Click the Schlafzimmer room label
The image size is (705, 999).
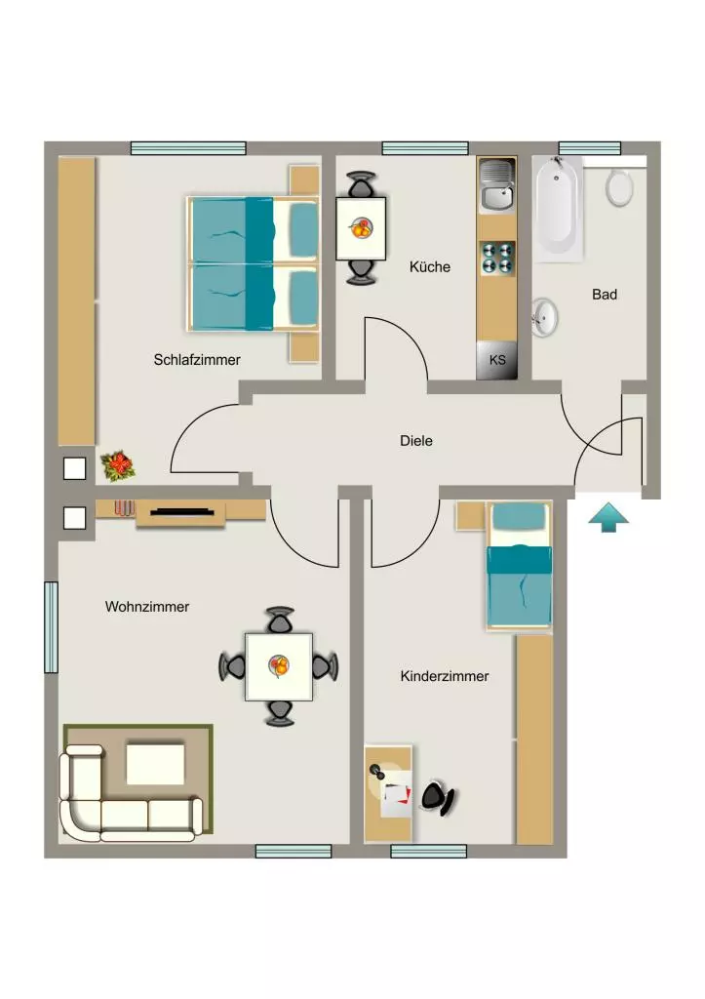tap(197, 360)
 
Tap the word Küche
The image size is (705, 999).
tap(430, 267)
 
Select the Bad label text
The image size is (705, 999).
tap(605, 295)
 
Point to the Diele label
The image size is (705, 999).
tap(415, 441)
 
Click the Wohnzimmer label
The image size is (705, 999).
tap(147, 607)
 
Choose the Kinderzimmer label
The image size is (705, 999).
tap(445, 676)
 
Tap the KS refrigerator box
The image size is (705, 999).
tap(496, 361)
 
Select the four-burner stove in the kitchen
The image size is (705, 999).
tap(497, 258)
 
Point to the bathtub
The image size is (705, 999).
tap(558, 209)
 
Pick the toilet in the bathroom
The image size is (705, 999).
tap(619, 186)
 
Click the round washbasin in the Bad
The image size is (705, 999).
tap(544, 317)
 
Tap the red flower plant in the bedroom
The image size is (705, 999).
tap(118, 465)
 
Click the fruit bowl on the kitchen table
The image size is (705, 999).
tap(361, 228)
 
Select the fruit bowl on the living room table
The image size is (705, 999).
tap(279, 666)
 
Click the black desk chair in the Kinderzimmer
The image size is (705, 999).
tap(438, 797)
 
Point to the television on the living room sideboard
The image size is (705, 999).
tap(181, 511)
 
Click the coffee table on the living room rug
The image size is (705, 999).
tap(155, 764)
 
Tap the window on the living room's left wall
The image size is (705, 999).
tap(51, 627)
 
